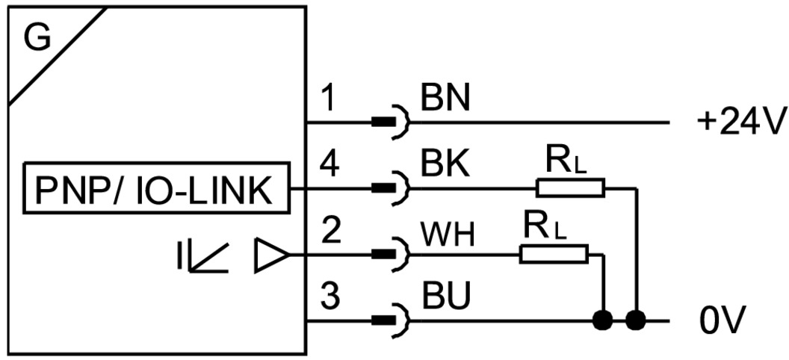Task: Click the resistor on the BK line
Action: (x=570, y=187)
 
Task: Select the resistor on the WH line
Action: (x=554, y=255)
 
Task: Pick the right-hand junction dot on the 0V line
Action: (x=636, y=322)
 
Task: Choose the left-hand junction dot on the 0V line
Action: (x=603, y=322)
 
